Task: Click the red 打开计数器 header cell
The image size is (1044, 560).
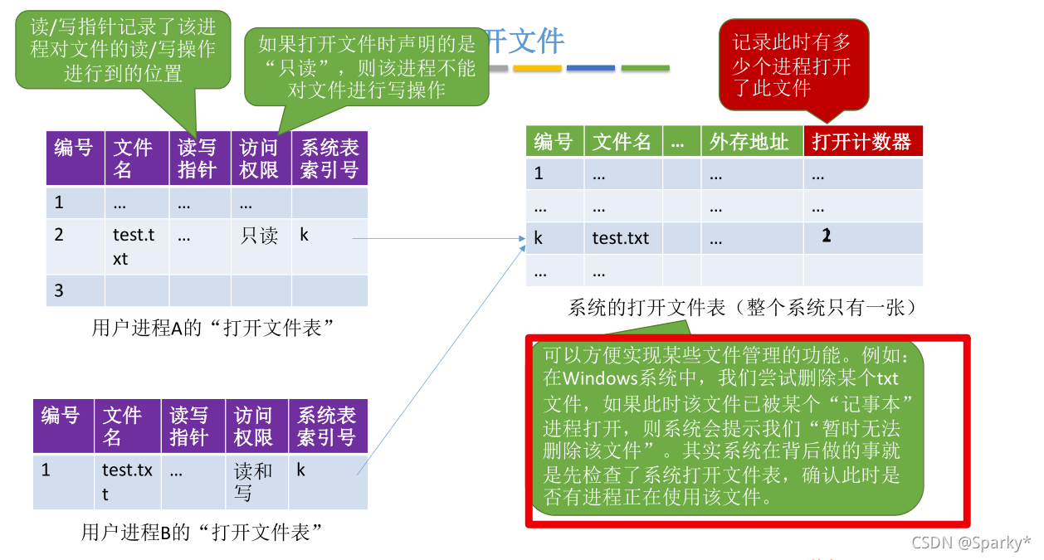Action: pyautogui.click(x=862, y=142)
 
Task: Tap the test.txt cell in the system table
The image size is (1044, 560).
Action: pyautogui.click(x=621, y=239)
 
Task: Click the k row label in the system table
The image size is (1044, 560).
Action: pyautogui.click(x=539, y=239)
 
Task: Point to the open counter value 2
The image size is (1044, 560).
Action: pyautogui.click(x=826, y=236)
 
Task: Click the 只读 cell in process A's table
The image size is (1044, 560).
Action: pyautogui.click(x=259, y=236)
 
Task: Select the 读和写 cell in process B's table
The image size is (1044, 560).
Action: pyautogui.click(x=253, y=482)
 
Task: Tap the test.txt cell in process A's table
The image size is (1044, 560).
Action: pyautogui.click(x=134, y=246)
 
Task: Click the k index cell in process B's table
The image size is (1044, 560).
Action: pyautogui.click(x=301, y=470)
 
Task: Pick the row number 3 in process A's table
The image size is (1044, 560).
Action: pyautogui.click(x=59, y=291)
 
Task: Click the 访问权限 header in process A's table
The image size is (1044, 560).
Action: pyautogui.click(x=259, y=158)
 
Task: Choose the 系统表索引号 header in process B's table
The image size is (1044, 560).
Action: pyautogui.click(x=327, y=426)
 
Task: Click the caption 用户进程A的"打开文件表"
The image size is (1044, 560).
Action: pyautogui.click(x=212, y=328)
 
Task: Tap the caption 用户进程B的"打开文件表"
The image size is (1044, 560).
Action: pyautogui.click(x=202, y=533)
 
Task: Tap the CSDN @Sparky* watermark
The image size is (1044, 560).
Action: pyautogui.click(x=970, y=543)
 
